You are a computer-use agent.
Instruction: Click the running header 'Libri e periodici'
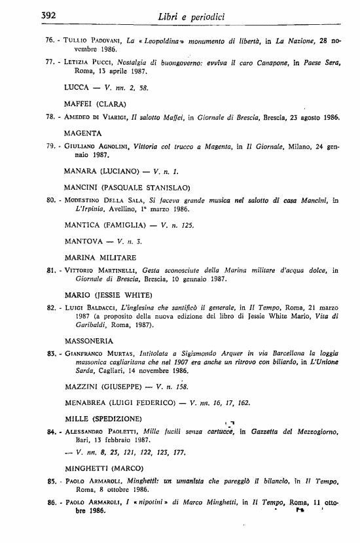190,16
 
